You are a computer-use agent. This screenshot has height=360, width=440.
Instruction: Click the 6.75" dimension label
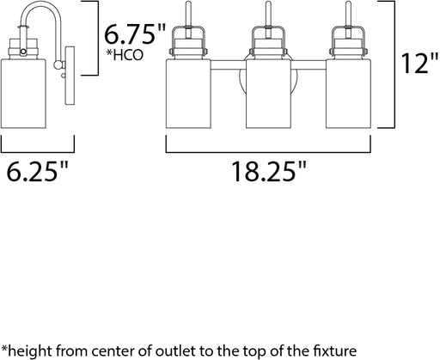click(135, 34)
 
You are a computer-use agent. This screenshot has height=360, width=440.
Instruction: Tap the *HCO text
click(125, 55)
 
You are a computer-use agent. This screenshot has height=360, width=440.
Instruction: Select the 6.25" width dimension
click(38, 171)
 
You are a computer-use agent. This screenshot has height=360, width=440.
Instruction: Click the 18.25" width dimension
click(269, 171)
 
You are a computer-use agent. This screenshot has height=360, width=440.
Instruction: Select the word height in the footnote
click(29, 351)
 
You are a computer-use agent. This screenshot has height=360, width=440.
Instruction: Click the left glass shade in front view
click(188, 94)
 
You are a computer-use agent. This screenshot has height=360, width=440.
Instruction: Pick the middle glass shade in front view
click(268, 94)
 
